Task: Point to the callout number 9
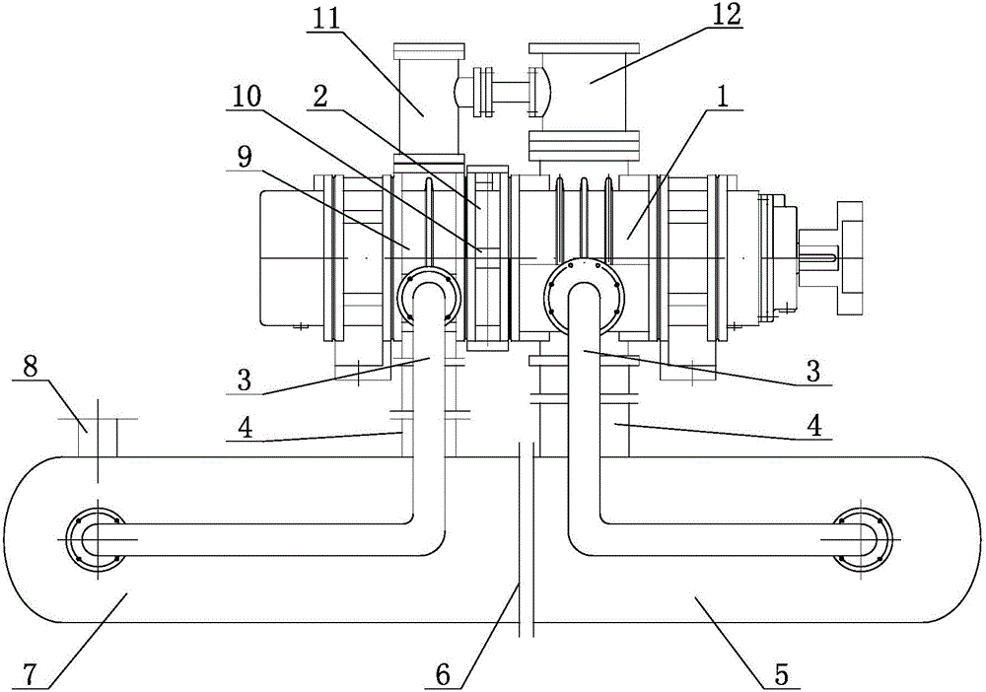click(245, 157)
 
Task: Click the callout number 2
click(320, 98)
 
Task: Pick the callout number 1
click(723, 97)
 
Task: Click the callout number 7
click(31, 674)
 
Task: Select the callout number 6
click(444, 675)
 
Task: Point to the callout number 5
click(780, 675)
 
